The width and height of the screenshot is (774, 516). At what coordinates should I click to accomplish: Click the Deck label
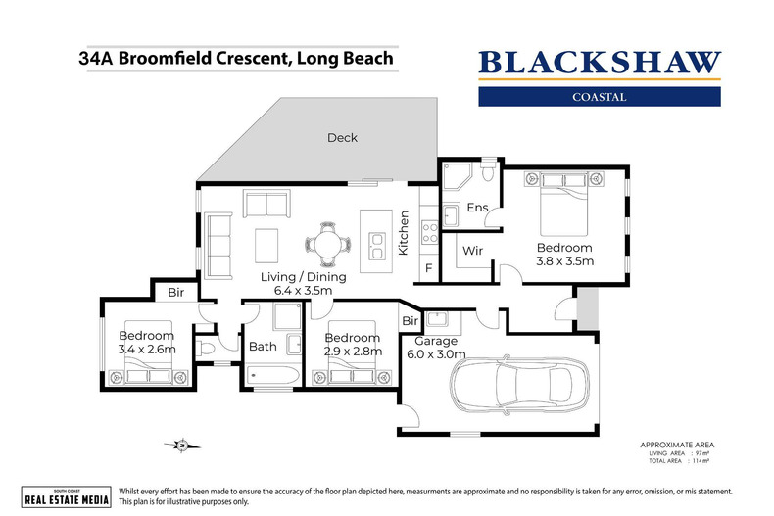(342, 138)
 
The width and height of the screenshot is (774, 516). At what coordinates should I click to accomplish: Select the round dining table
(325, 240)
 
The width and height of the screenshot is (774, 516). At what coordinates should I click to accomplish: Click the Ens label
(477, 208)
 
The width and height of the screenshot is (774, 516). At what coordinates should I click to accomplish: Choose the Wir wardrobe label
(474, 252)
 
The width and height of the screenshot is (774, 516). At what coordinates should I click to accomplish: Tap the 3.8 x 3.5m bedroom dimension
(563, 261)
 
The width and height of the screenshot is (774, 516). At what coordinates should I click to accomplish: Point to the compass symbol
(179, 446)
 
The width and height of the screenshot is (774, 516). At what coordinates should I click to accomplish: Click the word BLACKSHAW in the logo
(599, 63)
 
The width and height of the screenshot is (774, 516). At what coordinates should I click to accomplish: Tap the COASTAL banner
(599, 97)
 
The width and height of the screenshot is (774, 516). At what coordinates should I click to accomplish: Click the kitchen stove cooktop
(429, 233)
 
